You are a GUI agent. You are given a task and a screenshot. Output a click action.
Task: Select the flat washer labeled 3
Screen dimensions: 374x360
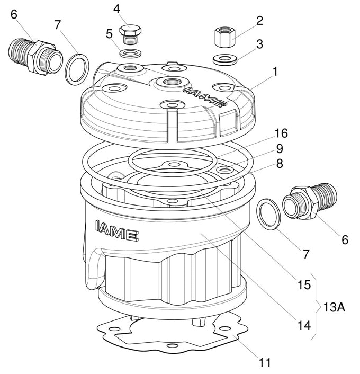click(224, 57)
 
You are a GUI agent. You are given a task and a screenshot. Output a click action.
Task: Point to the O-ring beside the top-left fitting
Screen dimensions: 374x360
click(77, 68)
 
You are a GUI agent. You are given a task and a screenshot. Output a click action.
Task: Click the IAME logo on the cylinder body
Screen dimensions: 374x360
click(117, 228)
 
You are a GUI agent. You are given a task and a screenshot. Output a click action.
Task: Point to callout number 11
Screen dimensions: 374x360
click(265, 362)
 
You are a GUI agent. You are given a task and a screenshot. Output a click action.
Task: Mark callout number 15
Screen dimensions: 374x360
click(303, 284)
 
